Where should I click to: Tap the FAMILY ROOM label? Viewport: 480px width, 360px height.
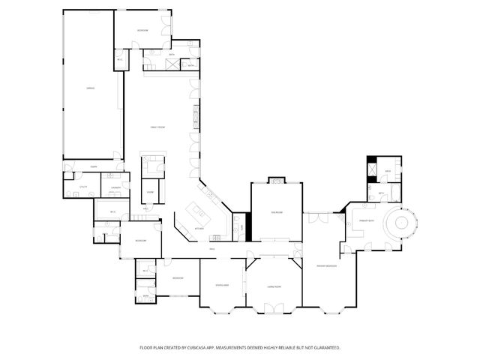[x=157, y=127]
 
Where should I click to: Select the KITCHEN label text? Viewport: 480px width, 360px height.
[x=199, y=228]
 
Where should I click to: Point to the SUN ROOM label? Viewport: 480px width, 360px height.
[x=277, y=212]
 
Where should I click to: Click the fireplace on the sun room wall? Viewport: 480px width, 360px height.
[x=277, y=180]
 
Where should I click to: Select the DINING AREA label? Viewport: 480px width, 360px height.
[x=222, y=286]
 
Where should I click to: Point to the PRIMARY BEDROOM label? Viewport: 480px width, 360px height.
[x=326, y=265]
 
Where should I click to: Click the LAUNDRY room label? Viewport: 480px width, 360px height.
[x=115, y=187]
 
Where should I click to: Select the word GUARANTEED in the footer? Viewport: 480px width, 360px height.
[x=325, y=347]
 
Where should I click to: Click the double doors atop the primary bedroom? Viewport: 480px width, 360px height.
[x=316, y=219]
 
